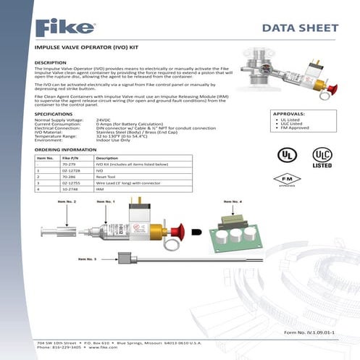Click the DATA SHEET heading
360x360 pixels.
(298, 29)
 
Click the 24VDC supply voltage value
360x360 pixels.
(105, 120)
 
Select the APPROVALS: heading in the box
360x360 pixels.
(289, 114)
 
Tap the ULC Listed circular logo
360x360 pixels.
(322, 156)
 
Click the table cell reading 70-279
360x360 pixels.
(69, 164)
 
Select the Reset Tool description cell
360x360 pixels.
(109, 177)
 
